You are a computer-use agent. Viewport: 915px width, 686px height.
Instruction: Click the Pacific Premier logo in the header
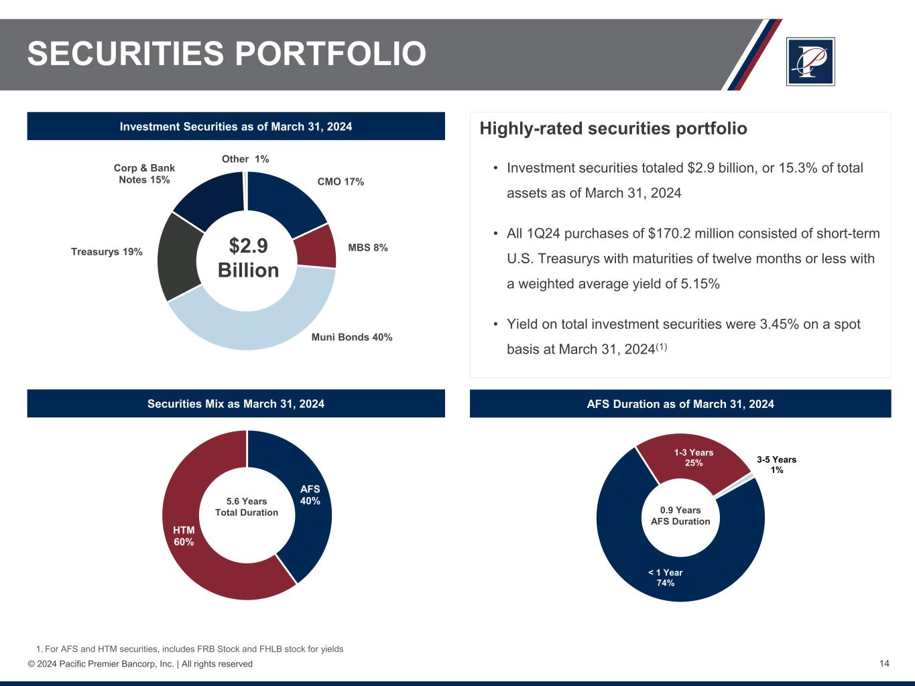click(810, 62)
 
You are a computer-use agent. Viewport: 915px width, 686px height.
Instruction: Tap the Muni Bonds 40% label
click(352, 338)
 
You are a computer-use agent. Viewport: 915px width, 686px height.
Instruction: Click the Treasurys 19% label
click(107, 252)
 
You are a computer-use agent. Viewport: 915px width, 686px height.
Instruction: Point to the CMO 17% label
click(341, 182)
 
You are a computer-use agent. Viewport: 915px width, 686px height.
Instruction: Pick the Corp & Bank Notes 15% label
click(144, 174)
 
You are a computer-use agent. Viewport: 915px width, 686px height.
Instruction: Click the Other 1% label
click(245, 159)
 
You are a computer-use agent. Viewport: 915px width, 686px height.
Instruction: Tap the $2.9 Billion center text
click(248, 259)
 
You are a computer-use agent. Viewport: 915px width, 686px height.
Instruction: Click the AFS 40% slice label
click(310, 495)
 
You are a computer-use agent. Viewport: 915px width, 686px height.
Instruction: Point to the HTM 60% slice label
click(184, 536)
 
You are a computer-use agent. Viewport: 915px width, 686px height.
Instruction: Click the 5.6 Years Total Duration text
click(247, 507)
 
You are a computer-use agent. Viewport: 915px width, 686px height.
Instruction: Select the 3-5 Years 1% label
click(776, 464)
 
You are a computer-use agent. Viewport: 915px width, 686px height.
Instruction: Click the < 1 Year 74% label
click(665, 577)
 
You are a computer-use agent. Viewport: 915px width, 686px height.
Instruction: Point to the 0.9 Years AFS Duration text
click(680, 516)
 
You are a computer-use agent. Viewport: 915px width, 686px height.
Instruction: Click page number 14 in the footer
click(884, 663)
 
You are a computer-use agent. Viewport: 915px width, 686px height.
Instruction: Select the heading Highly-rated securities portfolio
click(613, 129)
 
